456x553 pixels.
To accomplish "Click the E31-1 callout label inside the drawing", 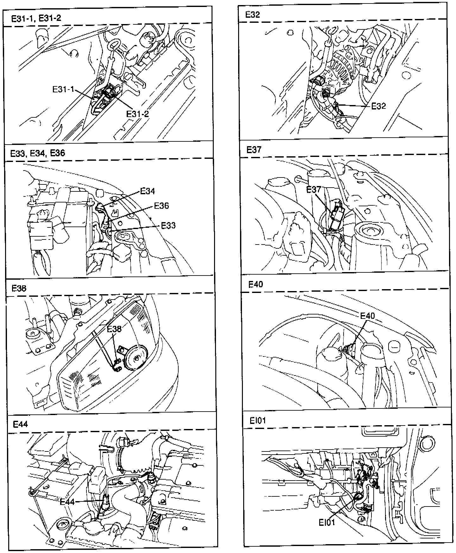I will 63,90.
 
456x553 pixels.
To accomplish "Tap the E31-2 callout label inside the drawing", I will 137,114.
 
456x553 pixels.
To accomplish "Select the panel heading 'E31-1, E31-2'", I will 36,18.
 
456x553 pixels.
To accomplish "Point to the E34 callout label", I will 148,191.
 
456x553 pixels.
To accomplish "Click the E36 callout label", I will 161,206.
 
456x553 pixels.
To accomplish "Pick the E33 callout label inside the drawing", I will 168,226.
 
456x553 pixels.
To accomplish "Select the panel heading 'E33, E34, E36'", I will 38,153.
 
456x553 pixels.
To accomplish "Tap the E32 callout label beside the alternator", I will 378,106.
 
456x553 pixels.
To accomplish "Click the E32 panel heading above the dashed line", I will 252,15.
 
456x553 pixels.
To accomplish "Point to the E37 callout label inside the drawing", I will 313,190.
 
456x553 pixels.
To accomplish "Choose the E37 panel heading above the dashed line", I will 254,149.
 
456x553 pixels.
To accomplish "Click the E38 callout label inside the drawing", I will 114,329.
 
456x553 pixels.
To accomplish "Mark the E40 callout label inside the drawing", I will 367,316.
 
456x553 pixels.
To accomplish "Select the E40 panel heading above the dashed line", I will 256,284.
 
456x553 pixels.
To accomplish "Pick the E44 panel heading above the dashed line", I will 20,424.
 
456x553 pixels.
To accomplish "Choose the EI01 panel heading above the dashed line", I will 257,420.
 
